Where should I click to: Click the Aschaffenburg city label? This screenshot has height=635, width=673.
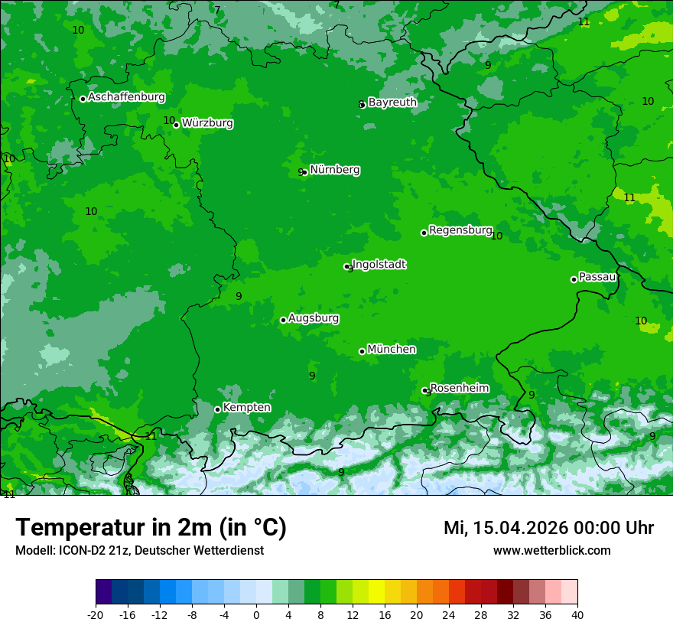[126, 97]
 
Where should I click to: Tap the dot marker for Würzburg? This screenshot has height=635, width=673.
[176, 125]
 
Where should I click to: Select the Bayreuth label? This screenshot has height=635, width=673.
[392, 102]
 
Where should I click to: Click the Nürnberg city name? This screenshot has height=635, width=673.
[335, 170]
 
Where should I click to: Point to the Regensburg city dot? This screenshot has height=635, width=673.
[424, 233]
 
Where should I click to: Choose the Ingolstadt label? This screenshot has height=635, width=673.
[379, 265]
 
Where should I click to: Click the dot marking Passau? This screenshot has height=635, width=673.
[574, 279]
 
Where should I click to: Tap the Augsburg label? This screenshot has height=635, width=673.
[314, 318]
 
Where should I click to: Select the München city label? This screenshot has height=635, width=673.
[392, 349]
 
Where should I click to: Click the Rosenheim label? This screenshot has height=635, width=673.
[459, 388]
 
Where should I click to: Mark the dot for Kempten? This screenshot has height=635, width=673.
[217, 409]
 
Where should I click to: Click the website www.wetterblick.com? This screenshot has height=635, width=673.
[551, 550]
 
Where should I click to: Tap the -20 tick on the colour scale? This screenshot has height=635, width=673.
[96, 615]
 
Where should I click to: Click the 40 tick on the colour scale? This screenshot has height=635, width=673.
[577, 615]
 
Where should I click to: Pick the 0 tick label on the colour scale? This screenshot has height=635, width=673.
[256, 615]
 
